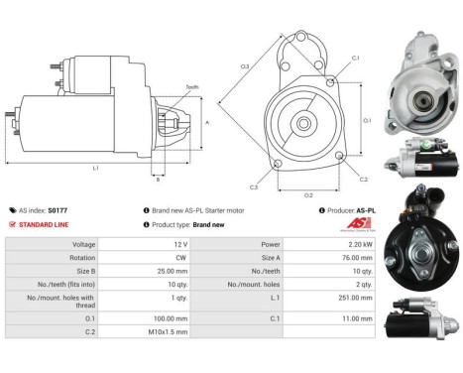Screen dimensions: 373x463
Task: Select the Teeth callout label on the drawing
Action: click(x=192, y=87)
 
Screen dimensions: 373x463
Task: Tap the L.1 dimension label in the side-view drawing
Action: click(x=95, y=169)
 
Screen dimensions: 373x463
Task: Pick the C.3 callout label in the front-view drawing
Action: click(x=255, y=186)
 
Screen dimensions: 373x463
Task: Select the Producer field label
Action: click(x=343, y=210)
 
